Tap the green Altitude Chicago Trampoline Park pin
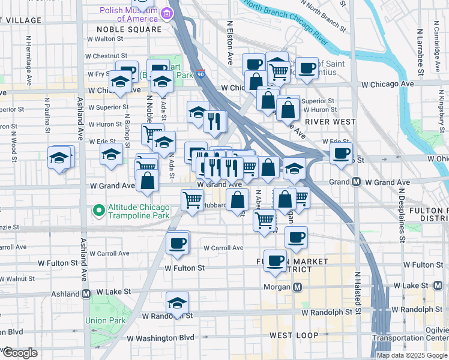click(x=97, y=210)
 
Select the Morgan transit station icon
click(x=297, y=287)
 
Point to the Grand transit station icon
click(x=356, y=182)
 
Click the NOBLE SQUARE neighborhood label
click(x=129, y=29)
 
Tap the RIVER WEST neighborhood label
click(x=330, y=122)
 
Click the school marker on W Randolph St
click(x=177, y=303)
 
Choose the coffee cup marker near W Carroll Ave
click(x=177, y=243)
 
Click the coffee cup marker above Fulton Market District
click(x=296, y=238)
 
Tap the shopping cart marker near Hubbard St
click(x=192, y=199)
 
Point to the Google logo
click(x=19, y=353)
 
